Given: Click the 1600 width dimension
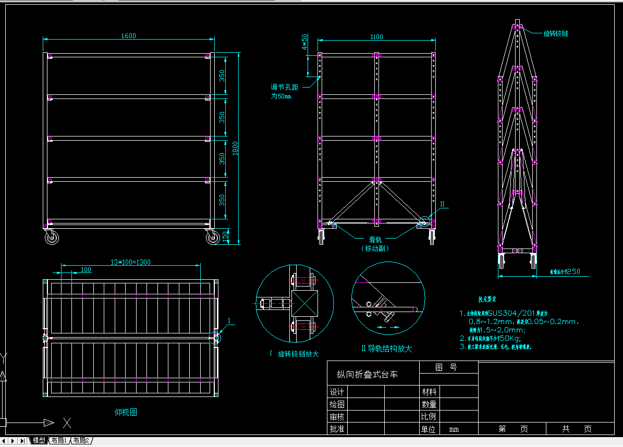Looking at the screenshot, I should [x=128, y=36].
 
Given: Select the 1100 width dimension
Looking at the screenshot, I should [x=376, y=36].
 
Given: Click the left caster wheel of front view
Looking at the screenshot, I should [x=52, y=238].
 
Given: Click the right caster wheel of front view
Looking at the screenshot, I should [x=213, y=238].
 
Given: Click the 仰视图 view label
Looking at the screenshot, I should [x=126, y=412].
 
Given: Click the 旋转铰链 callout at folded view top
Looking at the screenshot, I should [x=555, y=33].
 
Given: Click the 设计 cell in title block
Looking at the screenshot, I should [x=337, y=392].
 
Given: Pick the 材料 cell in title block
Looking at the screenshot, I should [x=429, y=392].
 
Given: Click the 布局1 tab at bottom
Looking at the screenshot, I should [x=59, y=441].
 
